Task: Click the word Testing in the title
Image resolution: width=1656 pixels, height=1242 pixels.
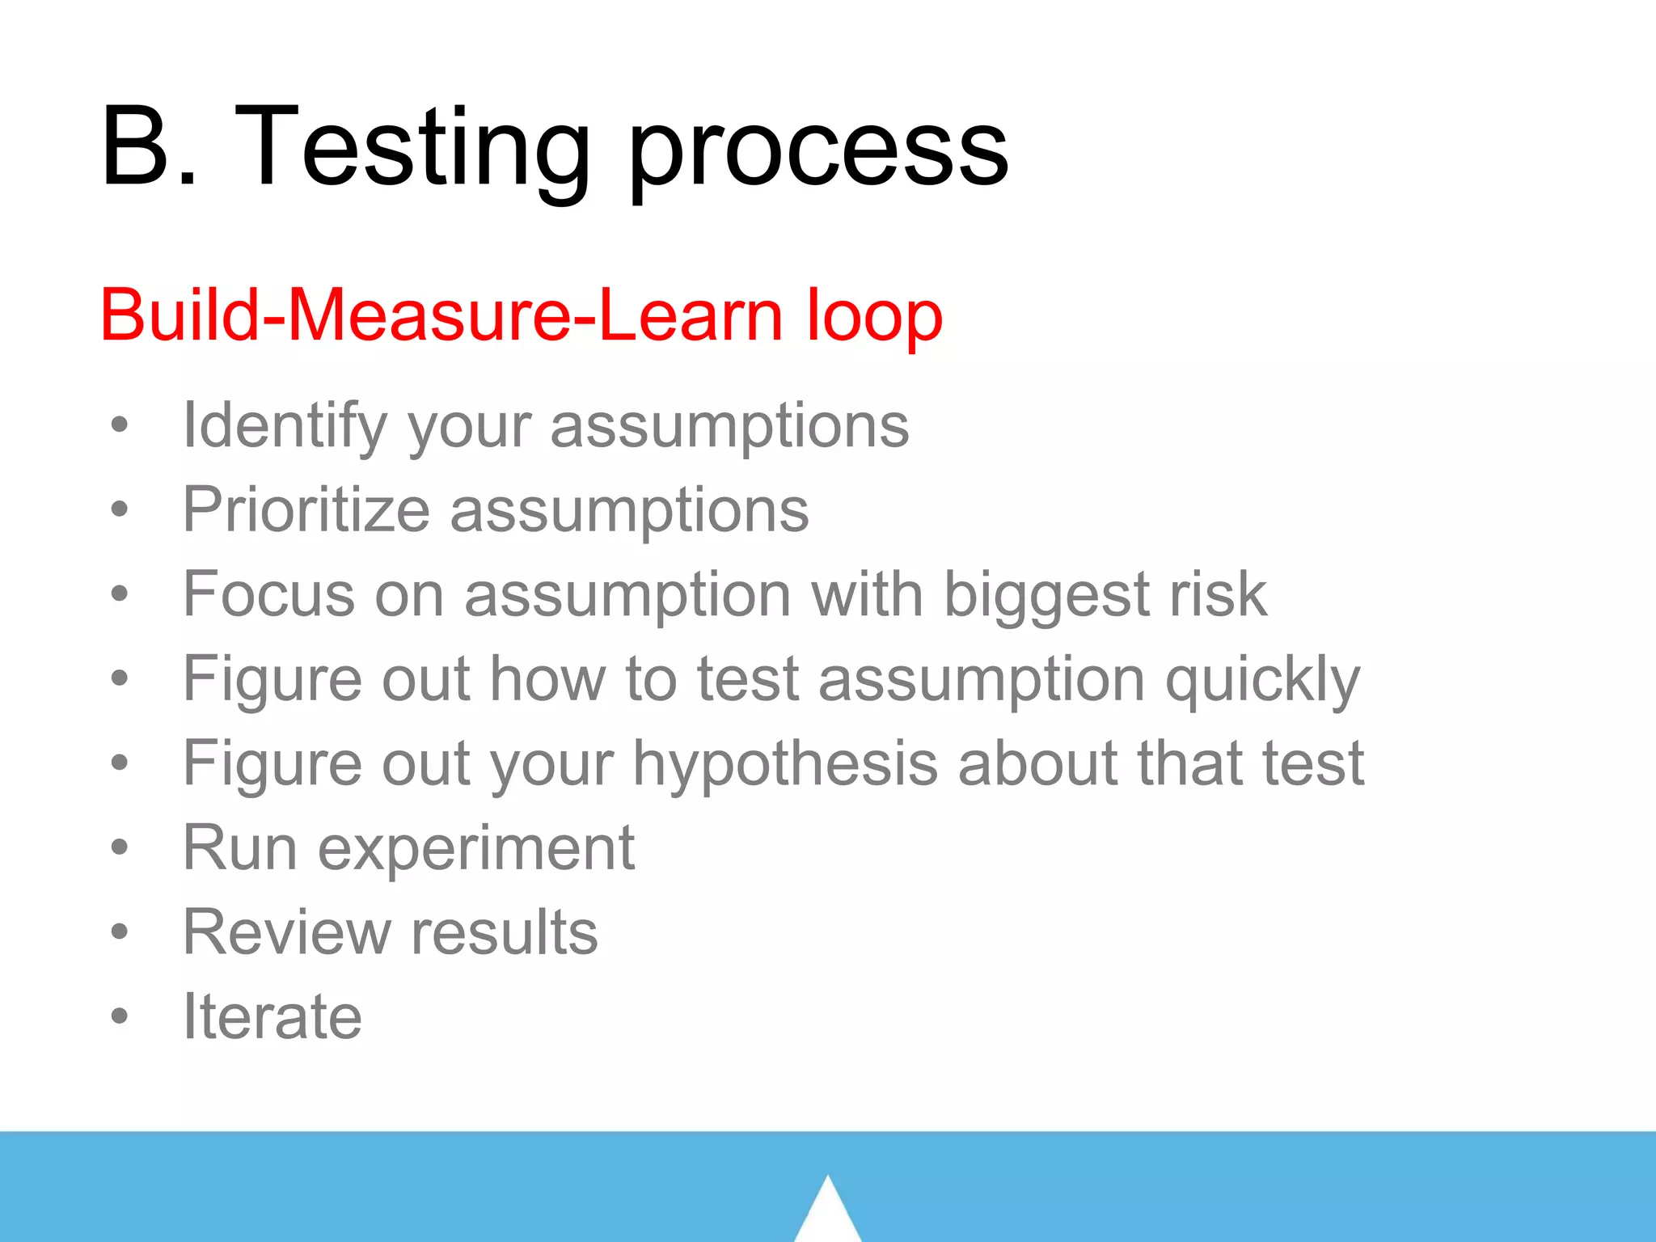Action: pyautogui.click(x=412, y=150)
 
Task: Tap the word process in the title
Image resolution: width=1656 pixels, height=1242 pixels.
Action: pyautogui.click(x=817, y=154)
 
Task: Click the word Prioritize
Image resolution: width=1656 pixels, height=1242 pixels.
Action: pyautogui.click(x=306, y=511)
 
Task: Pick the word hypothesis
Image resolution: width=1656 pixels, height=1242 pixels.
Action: pyautogui.click(x=785, y=765)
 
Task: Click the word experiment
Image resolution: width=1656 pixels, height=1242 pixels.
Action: pyautogui.click(x=476, y=849)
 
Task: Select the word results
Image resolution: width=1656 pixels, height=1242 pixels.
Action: pyautogui.click(x=505, y=932)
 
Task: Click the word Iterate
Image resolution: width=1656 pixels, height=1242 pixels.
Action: pyautogui.click(x=272, y=1016)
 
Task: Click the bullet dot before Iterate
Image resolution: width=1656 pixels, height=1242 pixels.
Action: pyautogui.click(x=120, y=1016)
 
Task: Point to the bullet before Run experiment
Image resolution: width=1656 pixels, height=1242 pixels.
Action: pyautogui.click(x=120, y=847)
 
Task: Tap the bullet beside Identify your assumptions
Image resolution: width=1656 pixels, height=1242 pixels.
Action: pyautogui.click(x=120, y=425)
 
